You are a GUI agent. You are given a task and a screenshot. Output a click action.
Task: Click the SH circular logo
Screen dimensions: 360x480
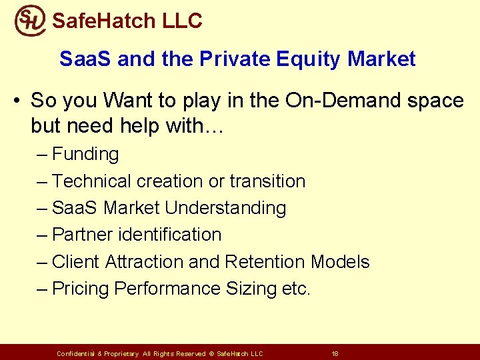point(30,20)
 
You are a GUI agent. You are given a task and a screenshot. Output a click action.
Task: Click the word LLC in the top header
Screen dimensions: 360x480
point(182,21)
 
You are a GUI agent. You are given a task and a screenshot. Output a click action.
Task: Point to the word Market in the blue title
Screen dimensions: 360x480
point(381,59)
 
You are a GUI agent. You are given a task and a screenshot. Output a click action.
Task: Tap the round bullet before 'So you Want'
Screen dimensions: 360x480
point(17,101)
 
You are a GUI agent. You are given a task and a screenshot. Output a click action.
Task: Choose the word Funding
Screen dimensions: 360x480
point(85,154)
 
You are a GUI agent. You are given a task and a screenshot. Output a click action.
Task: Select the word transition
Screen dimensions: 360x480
point(267,181)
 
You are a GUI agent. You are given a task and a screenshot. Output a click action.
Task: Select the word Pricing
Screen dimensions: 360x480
point(81,289)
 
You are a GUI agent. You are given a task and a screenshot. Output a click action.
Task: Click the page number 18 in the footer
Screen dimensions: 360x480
point(335,353)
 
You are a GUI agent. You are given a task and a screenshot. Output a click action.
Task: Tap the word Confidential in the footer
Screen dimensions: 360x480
point(76,353)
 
